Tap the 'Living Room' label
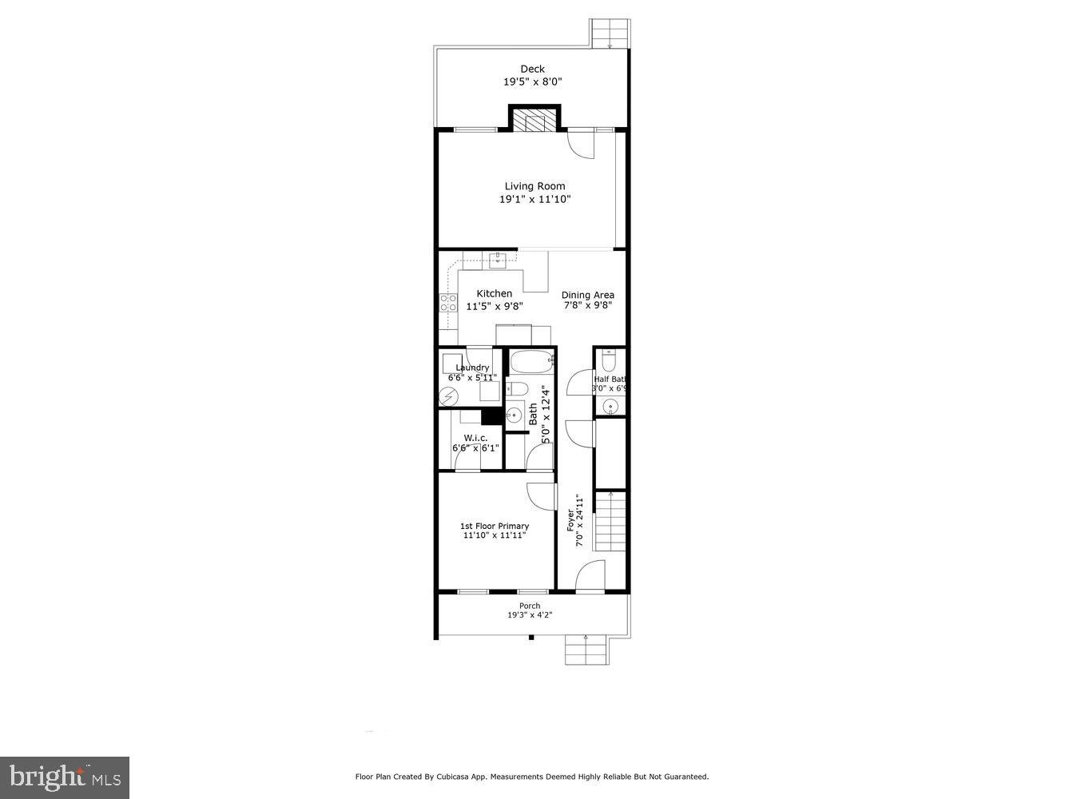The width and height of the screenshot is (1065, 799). (x=534, y=186)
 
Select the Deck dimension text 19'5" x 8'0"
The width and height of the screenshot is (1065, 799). (x=532, y=81)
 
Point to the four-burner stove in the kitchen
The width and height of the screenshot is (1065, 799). (x=448, y=302)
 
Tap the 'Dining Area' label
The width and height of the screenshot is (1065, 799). (x=587, y=295)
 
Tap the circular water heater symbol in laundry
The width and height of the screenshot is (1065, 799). (x=447, y=396)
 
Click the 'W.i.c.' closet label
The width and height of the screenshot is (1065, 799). (x=475, y=438)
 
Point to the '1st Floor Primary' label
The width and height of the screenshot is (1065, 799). (x=494, y=526)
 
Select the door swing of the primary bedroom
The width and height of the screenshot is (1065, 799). (x=542, y=496)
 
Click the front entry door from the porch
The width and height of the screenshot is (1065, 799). (x=590, y=577)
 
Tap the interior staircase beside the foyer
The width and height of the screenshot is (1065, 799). (x=610, y=528)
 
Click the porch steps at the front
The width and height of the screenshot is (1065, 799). (x=586, y=650)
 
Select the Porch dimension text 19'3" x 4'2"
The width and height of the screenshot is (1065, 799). (x=530, y=615)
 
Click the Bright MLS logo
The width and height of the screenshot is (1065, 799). (x=65, y=777)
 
